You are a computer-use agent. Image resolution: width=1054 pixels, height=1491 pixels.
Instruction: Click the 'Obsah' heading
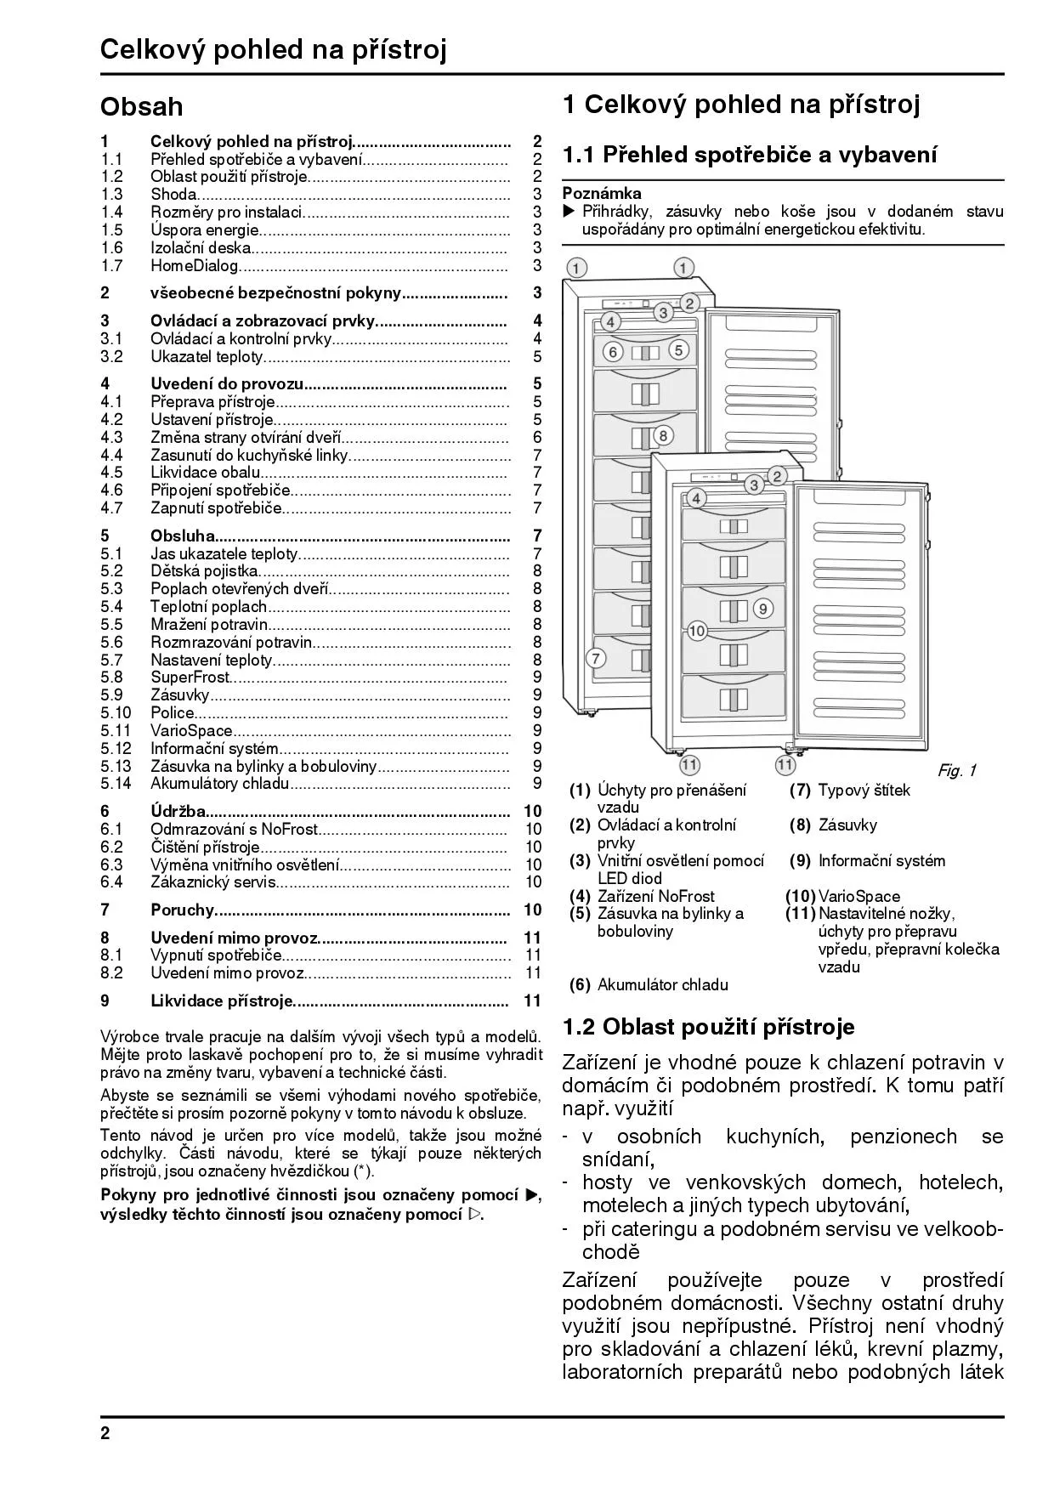[x=141, y=107]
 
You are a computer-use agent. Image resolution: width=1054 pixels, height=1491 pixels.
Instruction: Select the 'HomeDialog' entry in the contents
[x=195, y=266]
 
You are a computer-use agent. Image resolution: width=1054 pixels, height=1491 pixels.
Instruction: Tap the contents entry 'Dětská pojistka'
[x=204, y=571]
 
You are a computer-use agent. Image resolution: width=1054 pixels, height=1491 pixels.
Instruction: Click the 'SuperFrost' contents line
[x=190, y=677]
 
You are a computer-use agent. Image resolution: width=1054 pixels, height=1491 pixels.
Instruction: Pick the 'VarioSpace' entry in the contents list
[x=191, y=731]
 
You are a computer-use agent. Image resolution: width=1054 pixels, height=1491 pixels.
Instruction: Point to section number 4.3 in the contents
[x=111, y=438]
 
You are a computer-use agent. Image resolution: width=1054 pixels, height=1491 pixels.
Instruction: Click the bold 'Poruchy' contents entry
[x=182, y=910]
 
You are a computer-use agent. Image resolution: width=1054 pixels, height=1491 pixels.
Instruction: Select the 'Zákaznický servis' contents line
[x=212, y=882]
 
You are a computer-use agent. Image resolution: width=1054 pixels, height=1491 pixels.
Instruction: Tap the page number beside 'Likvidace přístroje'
[x=533, y=1001]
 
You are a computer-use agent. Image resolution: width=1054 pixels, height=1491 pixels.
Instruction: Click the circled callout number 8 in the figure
[x=663, y=436]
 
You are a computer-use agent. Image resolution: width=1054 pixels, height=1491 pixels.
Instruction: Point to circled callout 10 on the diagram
[x=697, y=631]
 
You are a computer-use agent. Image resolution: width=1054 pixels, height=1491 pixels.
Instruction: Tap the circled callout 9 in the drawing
[x=762, y=609]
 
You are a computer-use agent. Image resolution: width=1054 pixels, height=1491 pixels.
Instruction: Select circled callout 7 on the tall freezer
[x=596, y=657]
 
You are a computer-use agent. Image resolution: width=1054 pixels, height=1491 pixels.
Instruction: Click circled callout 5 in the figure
[x=677, y=349]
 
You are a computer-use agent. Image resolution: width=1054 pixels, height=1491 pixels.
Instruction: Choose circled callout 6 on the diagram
[x=612, y=350]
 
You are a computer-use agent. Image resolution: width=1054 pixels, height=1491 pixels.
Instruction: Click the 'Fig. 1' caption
[x=957, y=771]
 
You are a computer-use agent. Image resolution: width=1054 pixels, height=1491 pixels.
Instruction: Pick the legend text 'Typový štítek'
[x=864, y=791]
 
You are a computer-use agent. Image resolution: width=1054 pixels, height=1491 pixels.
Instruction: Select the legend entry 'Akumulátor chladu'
[x=662, y=985]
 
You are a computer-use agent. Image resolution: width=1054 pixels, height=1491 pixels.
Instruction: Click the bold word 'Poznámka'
[x=602, y=194]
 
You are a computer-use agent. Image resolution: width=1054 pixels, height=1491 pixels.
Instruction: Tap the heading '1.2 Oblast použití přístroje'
[x=708, y=1027]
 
